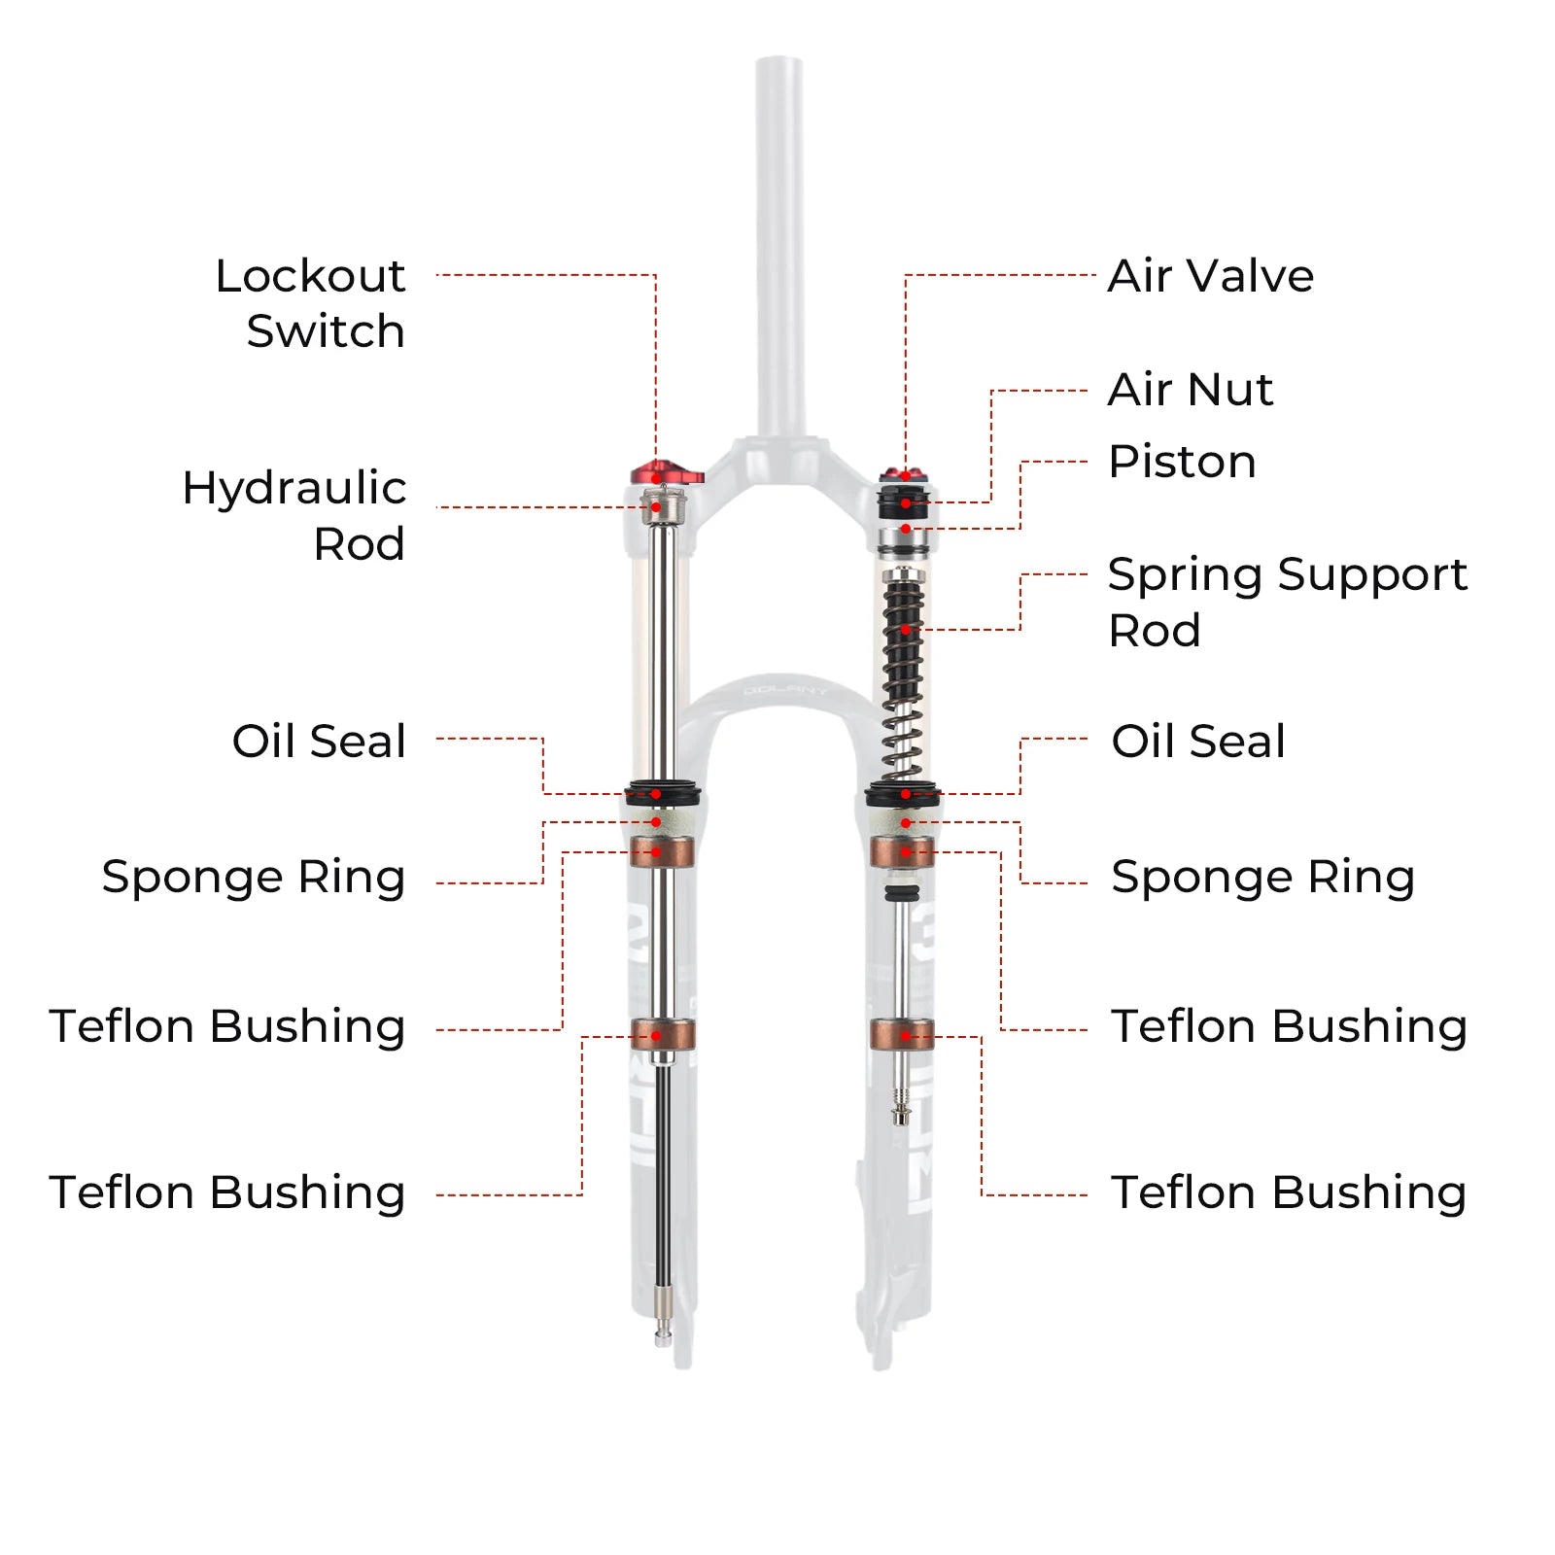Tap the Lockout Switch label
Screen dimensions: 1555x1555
[x=311, y=303]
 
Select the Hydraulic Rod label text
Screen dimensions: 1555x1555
[x=294, y=515]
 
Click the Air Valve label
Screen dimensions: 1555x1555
[x=1211, y=276]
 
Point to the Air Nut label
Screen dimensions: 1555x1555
[x=1191, y=390]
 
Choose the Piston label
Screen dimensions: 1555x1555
[x=1182, y=462]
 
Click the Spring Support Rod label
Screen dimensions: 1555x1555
[x=1287, y=602]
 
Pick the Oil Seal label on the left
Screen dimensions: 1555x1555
[x=319, y=742]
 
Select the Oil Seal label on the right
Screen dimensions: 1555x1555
[x=1198, y=742]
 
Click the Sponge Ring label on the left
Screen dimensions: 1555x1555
[x=254, y=877]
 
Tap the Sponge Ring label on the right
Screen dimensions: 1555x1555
[x=1262, y=877]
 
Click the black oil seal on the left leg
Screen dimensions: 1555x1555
[x=663, y=793]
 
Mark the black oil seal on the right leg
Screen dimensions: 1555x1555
[x=903, y=793]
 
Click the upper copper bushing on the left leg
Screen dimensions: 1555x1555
[x=661, y=852]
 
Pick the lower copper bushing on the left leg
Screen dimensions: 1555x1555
[x=662, y=1035]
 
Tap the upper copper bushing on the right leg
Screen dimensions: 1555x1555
[x=902, y=852]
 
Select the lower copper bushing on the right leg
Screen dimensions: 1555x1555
[x=902, y=1035]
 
